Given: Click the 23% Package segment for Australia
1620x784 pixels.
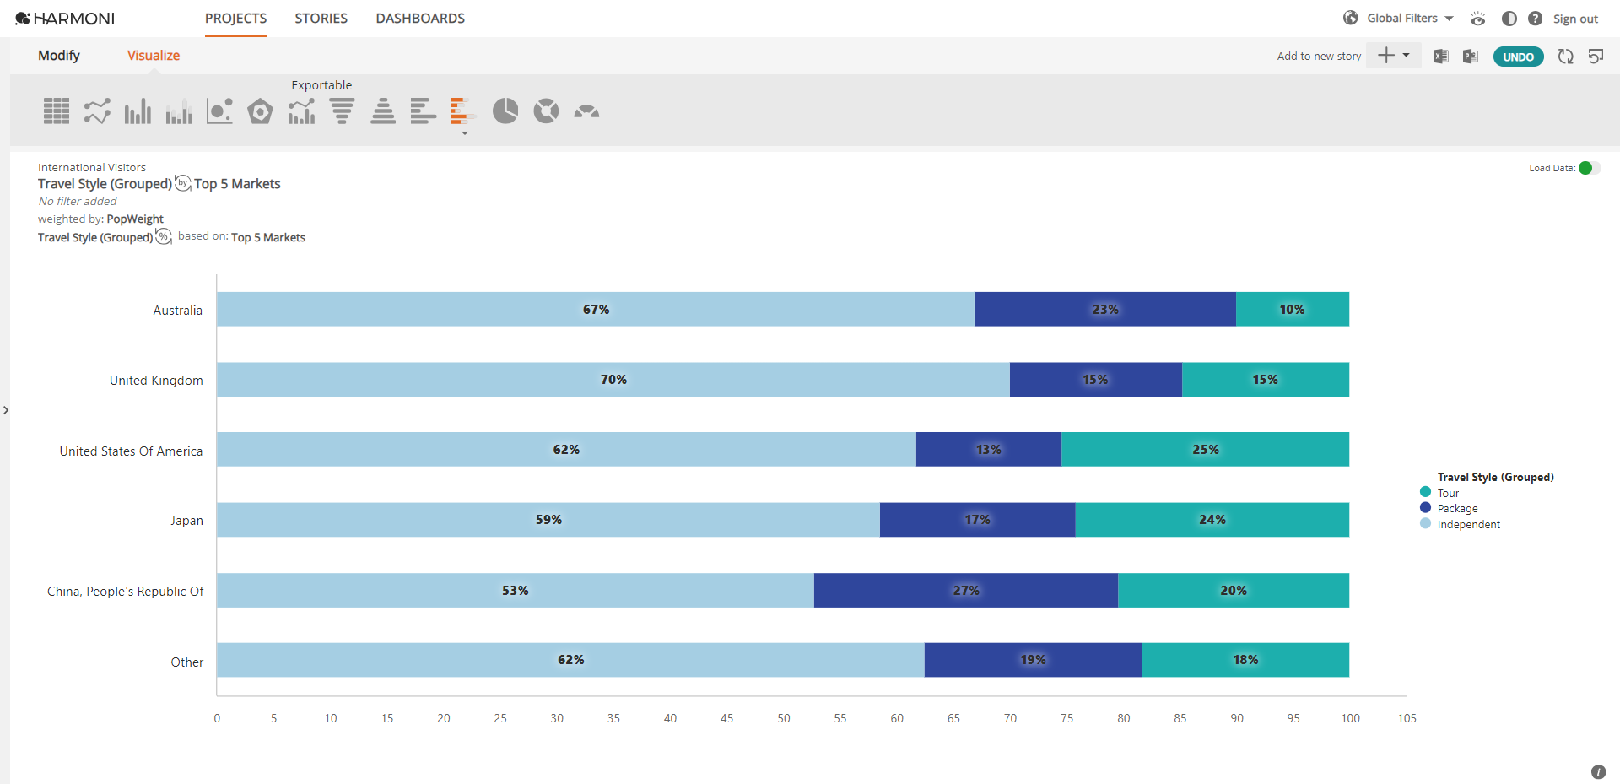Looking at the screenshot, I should (x=1104, y=310).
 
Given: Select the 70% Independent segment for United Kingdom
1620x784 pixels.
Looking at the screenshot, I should (x=613, y=380).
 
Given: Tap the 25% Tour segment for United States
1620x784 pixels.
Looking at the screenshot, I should (x=1205, y=450).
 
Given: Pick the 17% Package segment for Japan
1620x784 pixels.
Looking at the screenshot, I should (x=977, y=520).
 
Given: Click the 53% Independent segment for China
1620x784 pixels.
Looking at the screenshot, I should (x=515, y=591).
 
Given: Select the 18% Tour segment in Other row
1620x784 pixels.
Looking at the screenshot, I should (x=1245, y=660).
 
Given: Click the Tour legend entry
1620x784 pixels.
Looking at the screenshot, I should (x=1448, y=493).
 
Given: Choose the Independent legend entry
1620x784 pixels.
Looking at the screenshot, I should (x=1468, y=524).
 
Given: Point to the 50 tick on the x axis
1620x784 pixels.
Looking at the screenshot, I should (x=784, y=718).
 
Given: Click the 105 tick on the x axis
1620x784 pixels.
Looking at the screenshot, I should (x=1407, y=718).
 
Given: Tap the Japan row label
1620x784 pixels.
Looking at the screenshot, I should (x=186, y=521).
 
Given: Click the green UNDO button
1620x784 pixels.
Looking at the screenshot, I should (x=1518, y=57).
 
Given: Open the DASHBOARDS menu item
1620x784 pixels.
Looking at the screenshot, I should (x=420, y=19).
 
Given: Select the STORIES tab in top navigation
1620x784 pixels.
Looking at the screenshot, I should (x=321, y=19).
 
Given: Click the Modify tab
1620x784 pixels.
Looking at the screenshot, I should (x=59, y=56).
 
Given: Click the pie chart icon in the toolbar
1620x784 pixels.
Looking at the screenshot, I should (x=505, y=111).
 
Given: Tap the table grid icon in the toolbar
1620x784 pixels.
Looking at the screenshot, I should (x=57, y=111).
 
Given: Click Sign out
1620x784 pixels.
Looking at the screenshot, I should (x=1575, y=19).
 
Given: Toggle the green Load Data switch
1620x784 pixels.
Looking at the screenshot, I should (x=1589, y=168).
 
